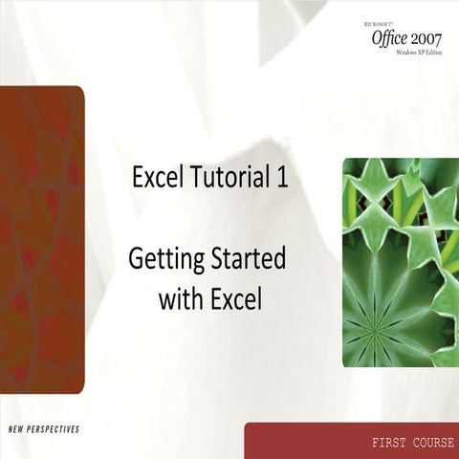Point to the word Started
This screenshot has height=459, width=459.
coord(252,260)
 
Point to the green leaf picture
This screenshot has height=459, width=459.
coord(401,262)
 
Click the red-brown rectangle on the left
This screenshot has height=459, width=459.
coord(42,239)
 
